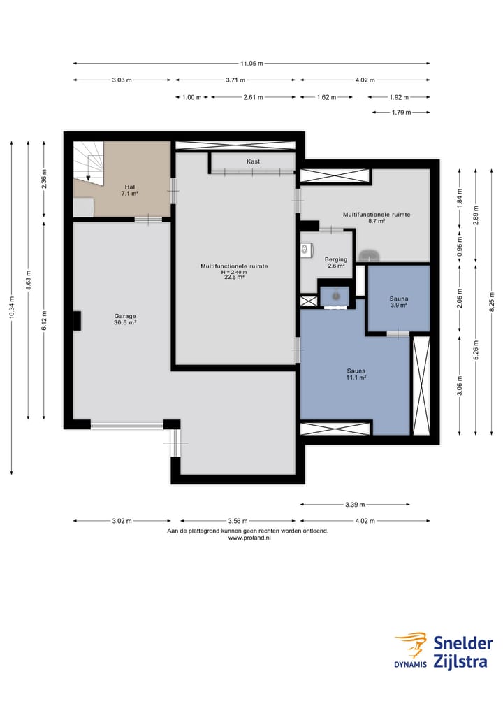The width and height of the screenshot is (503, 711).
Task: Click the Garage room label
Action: pos(125,319)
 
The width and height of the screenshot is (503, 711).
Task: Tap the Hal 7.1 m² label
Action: pos(130,190)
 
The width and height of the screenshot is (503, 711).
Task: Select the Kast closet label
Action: pos(254,161)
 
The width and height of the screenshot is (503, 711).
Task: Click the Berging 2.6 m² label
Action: pos(336,263)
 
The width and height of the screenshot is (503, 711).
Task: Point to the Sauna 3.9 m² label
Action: pos(399,302)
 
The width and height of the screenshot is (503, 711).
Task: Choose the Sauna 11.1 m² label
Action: pos(356,373)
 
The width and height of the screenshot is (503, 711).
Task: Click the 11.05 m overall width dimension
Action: pos(251,64)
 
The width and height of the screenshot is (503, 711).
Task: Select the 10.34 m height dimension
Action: pos(12,308)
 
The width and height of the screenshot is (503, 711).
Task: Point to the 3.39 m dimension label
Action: pos(355,504)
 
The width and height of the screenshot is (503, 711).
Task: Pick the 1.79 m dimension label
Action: pos(401,113)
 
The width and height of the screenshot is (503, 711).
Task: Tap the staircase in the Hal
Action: pos(89,163)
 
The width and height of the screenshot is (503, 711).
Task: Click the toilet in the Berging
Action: pos(306,250)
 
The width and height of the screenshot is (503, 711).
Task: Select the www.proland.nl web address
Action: pos(249,538)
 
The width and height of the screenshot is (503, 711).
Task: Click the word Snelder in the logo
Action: pos(462,643)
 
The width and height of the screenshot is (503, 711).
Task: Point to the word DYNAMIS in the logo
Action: pos(410,665)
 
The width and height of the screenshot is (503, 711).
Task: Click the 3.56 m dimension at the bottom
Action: pos(238,521)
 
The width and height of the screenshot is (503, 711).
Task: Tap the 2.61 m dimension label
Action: pos(253,97)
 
